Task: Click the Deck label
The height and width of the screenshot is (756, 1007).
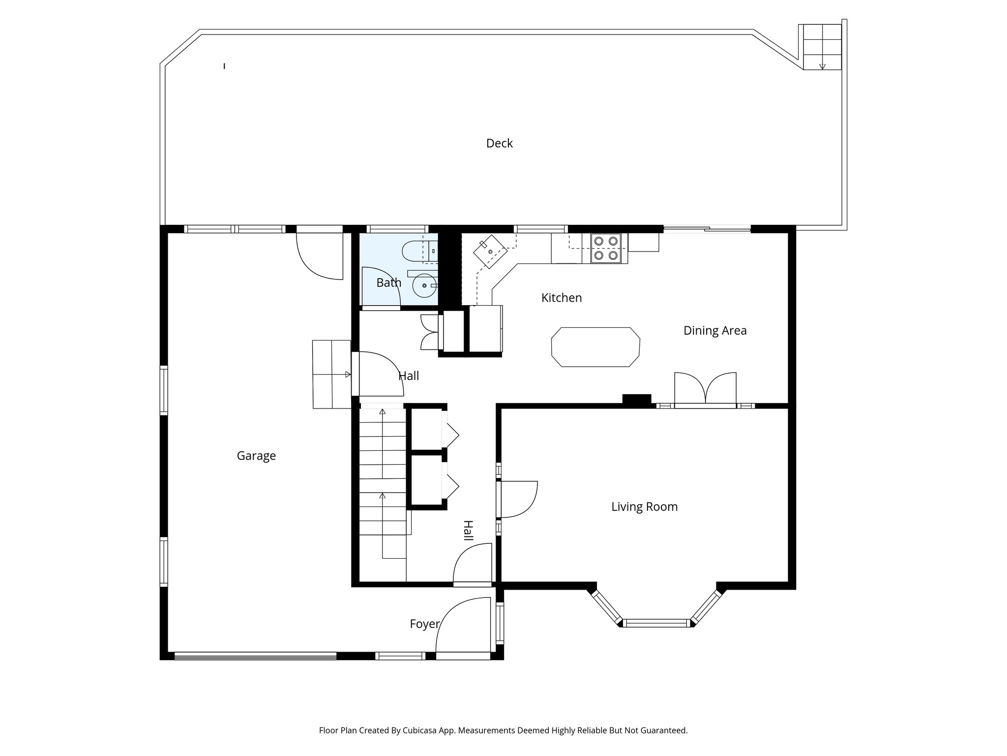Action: click(x=499, y=143)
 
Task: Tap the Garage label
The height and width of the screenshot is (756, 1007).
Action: click(x=256, y=456)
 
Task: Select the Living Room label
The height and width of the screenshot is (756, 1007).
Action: click(x=644, y=506)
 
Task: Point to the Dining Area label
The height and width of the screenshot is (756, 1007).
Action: click(x=715, y=330)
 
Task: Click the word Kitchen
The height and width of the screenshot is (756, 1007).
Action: click(x=562, y=298)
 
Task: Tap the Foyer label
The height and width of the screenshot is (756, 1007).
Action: click(x=424, y=624)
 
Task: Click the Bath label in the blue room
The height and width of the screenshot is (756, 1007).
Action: click(x=388, y=283)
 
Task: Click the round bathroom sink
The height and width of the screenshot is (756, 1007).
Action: click(x=424, y=285)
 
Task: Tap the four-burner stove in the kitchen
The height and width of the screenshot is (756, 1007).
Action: click(x=605, y=249)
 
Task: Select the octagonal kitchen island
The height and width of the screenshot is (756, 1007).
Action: click(x=595, y=347)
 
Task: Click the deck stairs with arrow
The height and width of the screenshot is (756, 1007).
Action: click(x=822, y=47)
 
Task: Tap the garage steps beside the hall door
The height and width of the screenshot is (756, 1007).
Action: click(x=331, y=374)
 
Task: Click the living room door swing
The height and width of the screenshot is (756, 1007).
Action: click(x=518, y=499)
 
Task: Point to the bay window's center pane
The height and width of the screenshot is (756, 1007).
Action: click(x=656, y=623)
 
